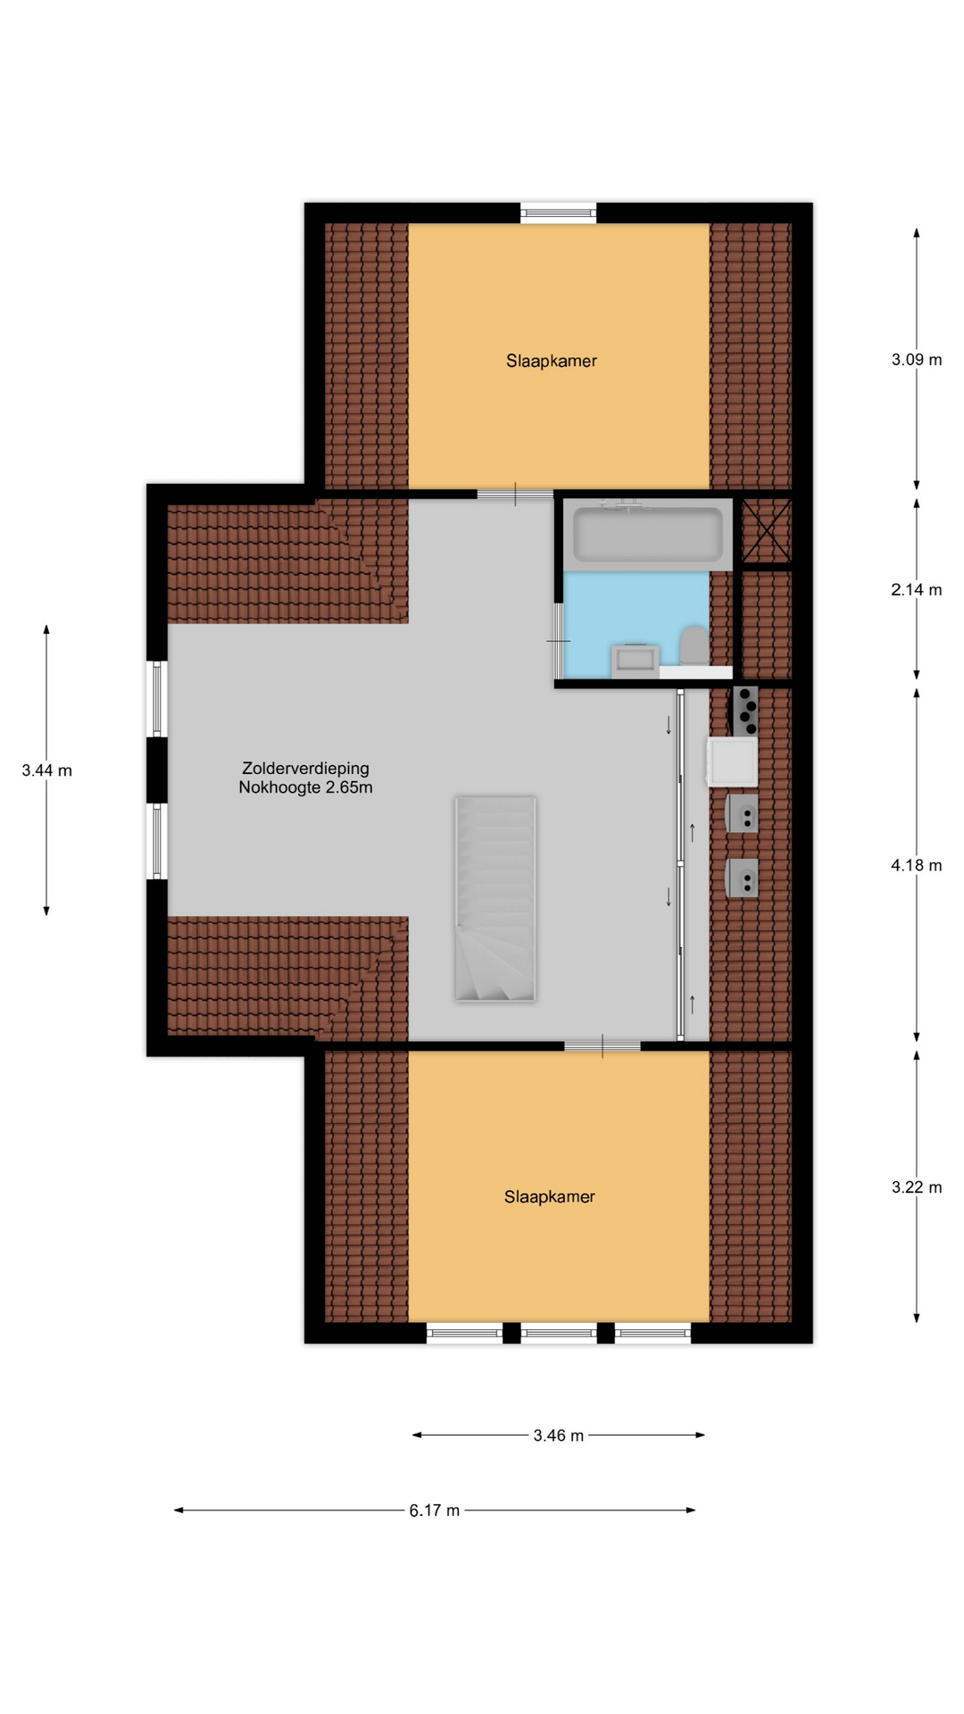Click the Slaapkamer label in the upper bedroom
coord(551,361)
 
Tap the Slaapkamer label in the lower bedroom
coord(549,1196)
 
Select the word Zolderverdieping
coord(305,769)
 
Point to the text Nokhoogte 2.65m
coord(305,787)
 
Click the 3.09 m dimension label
coord(917,360)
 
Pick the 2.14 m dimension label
coord(917,590)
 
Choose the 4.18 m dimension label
coord(917,865)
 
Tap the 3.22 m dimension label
coord(917,1187)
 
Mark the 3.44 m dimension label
coord(46,770)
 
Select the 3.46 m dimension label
coord(559,1435)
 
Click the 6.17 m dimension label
coord(435,1510)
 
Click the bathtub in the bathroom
coord(648,534)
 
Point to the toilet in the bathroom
coord(694,645)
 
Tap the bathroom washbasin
coord(636,661)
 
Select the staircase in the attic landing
coord(495,899)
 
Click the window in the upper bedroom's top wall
coord(559,213)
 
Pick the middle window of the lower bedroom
coord(559,1334)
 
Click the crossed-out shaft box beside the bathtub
coord(767,532)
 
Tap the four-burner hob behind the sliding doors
coord(746,711)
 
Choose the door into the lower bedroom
coord(602,1046)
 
